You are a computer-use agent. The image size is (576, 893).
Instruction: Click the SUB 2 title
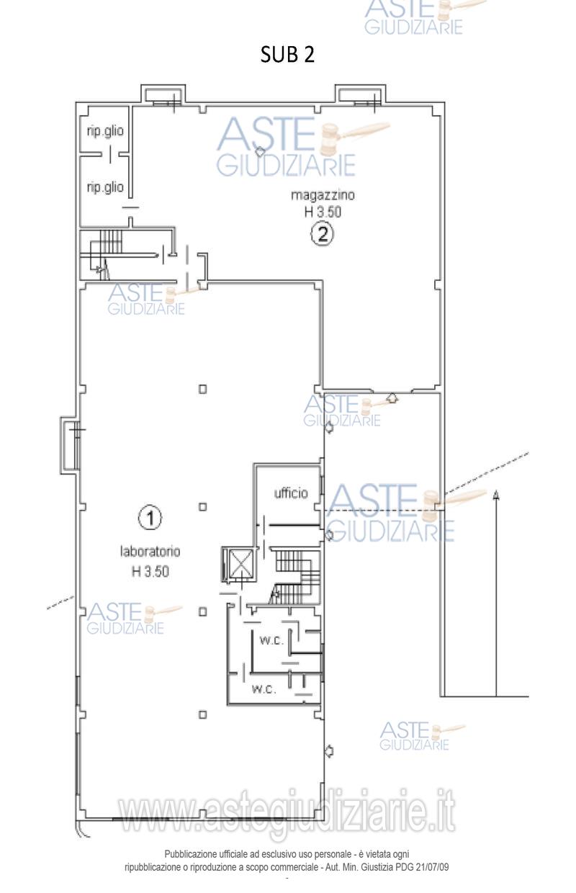[287, 55]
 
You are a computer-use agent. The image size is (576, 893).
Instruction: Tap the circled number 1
[150, 519]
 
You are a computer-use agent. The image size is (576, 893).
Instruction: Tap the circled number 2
[322, 234]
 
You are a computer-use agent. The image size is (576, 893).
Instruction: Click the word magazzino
[323, 195]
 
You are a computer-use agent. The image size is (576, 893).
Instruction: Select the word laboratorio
[150, 552]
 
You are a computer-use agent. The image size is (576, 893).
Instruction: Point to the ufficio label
[291, 493]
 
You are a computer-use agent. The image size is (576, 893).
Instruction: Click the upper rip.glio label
[105, 131]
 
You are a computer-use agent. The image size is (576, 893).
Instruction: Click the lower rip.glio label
[105, 187]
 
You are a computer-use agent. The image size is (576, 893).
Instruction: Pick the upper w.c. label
[271, 641]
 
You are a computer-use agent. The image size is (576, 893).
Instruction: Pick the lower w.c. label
[264, 689]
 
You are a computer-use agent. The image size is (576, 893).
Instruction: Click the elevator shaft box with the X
[238, 565]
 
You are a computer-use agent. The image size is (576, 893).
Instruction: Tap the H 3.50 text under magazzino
[323, 212]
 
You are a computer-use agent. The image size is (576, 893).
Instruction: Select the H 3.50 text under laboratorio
[150, 571]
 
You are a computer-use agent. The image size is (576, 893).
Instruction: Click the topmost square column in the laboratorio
[203, 389]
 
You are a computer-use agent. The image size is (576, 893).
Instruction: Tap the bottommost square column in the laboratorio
[203, 715]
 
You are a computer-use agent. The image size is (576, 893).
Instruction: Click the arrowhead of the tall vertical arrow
[496, 495]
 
